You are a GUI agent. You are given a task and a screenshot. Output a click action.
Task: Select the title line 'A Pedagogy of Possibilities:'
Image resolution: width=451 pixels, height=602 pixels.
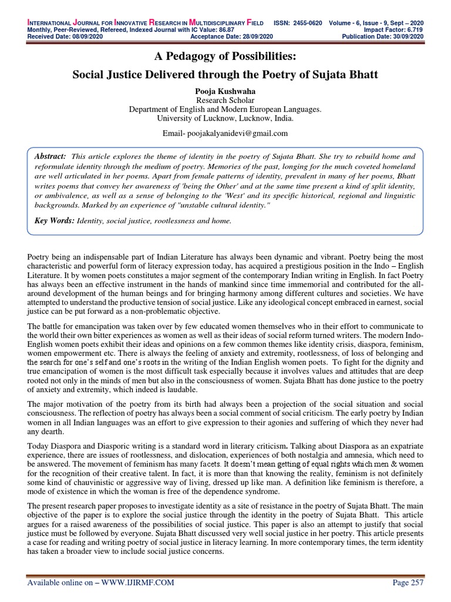tap(225, 57)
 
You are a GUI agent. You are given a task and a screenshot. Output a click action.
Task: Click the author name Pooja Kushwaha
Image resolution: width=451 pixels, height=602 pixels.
tap(225, 91)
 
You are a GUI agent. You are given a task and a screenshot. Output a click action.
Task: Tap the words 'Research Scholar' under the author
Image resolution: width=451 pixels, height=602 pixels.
tap(225, 101)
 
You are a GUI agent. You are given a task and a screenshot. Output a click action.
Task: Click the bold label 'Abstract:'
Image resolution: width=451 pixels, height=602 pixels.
tap(51, 156)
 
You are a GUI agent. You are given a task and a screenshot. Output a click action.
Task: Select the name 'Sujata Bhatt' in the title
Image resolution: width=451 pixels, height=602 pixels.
tap(349, 75)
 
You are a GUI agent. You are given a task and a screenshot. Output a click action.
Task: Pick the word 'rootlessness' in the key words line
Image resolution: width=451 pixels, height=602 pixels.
tap(170, 221)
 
